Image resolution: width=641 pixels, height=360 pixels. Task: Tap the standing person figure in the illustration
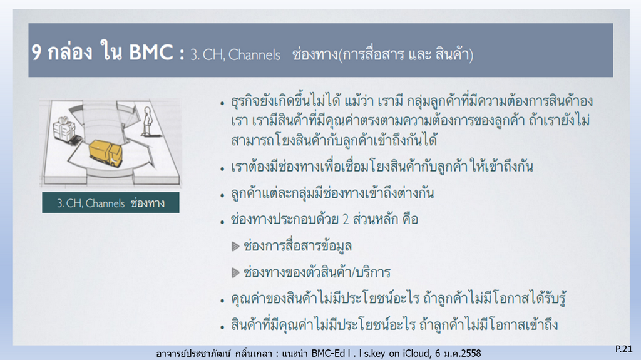coord(146,121)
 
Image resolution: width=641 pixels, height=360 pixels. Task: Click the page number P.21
coord(624,349)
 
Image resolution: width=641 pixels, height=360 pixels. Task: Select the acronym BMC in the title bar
coord(151,53)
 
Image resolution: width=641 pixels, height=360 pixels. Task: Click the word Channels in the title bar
coord(254,55)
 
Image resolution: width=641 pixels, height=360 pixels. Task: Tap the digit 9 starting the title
coord(36,53)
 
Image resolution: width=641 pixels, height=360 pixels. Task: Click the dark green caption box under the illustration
coord(110,202)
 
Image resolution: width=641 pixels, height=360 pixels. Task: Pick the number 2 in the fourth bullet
coord(346,220)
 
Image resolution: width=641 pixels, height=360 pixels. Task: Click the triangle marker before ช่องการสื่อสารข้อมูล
coord(235,246)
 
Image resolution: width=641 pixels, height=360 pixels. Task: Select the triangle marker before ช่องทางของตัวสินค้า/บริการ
coord(235,272)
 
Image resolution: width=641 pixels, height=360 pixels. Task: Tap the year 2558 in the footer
coord(470,353)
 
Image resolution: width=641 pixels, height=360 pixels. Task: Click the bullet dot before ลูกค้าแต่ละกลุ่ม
coord(222,195)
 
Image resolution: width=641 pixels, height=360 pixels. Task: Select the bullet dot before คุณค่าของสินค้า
coord(222,301)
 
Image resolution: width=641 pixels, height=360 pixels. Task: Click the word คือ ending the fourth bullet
coord(410,219)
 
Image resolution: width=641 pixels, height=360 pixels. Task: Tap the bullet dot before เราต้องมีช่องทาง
coord(222,168)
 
